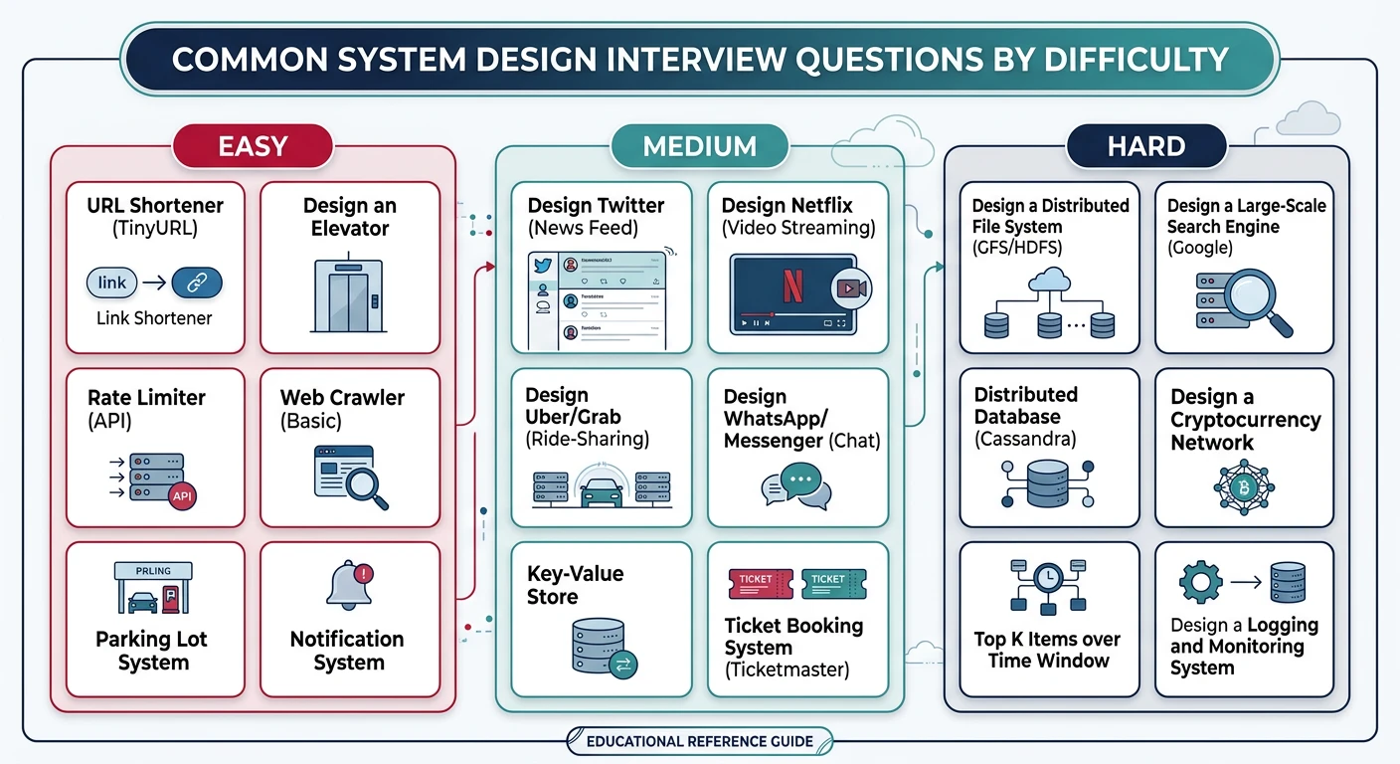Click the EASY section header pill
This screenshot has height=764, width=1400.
252,146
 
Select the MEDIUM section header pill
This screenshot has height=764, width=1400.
700,146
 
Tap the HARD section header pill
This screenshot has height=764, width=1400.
1145,146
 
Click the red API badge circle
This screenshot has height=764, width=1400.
182,495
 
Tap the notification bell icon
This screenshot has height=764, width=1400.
348,585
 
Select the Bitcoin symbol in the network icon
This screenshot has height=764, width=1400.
1244,487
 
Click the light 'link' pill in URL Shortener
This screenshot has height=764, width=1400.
112,283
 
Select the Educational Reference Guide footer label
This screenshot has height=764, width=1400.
699,741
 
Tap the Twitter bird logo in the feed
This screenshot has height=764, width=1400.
542,266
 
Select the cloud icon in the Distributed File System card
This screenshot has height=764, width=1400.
1049,282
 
